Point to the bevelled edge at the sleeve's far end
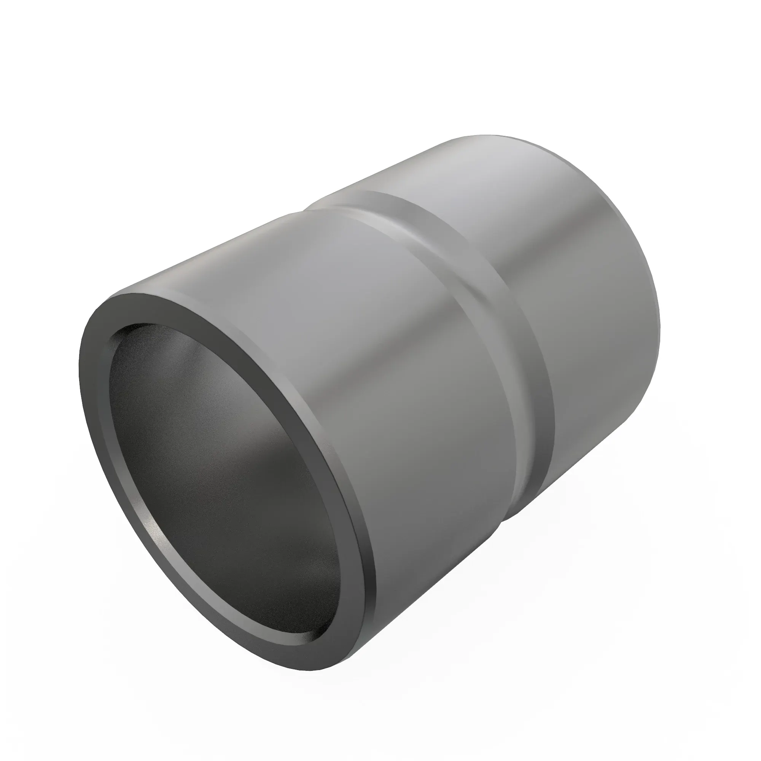click(615, 197)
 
